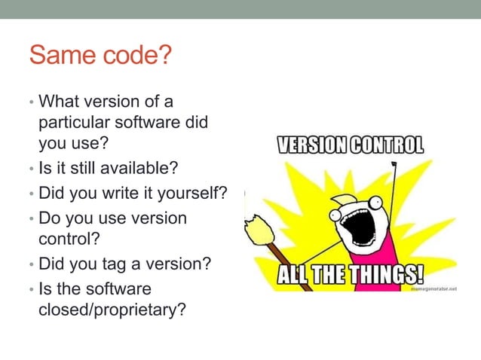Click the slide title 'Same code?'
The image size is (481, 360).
tap(100, 55)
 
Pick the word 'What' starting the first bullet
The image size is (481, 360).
tap(57, 100)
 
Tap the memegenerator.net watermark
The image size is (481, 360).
tap(433, 288)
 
